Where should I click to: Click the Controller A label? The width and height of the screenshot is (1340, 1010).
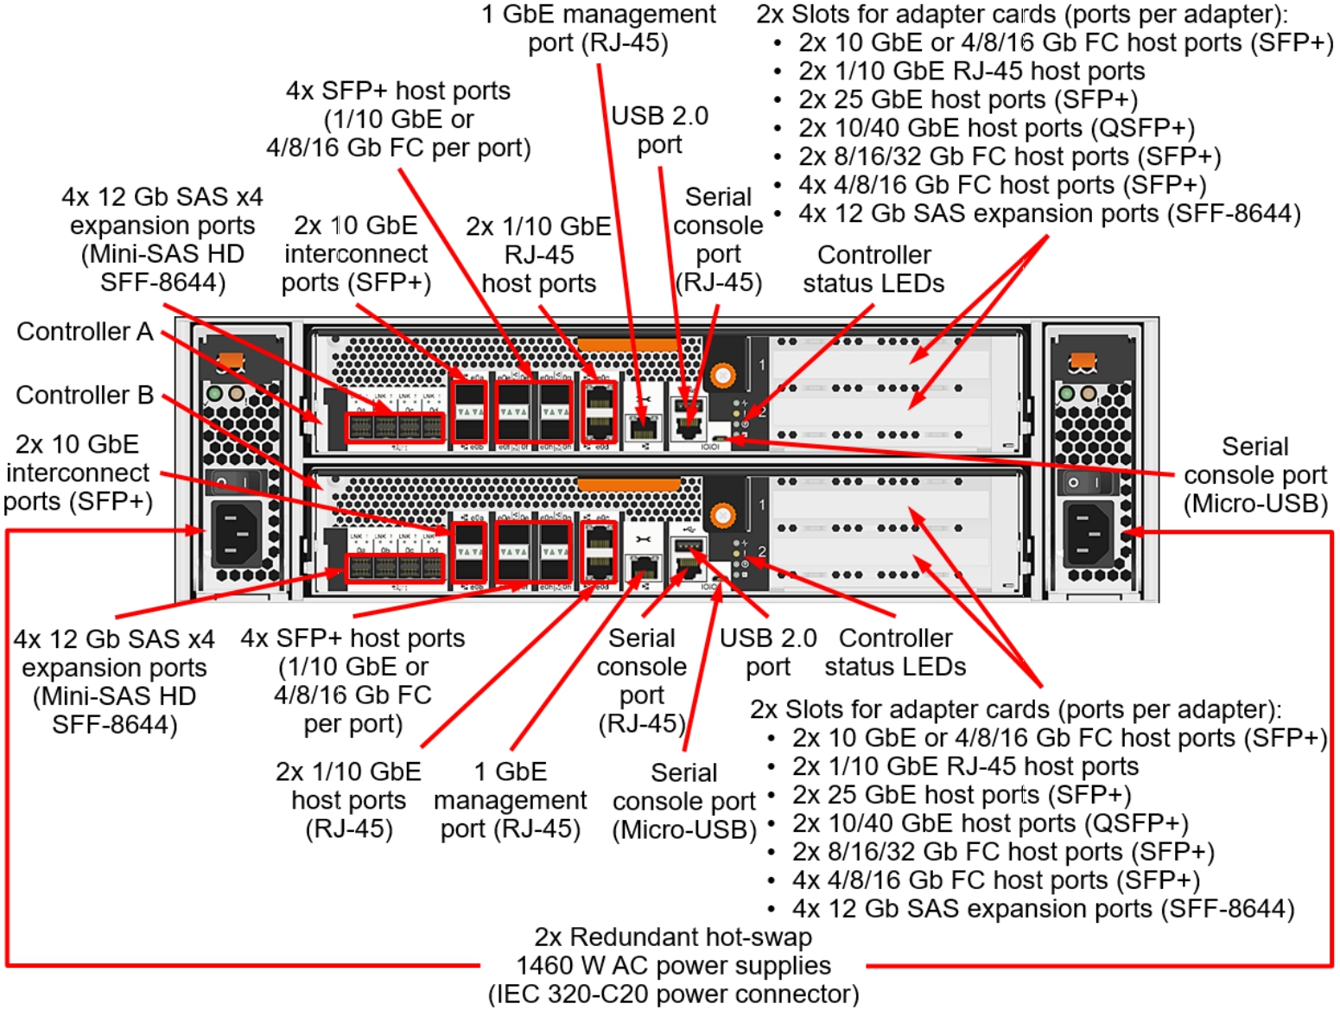pos(85,332)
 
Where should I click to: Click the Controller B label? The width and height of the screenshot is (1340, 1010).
pos(85,395)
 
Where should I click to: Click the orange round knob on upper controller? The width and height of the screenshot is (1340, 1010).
pos(722,375)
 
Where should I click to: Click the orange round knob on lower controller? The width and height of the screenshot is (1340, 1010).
pos(722,516)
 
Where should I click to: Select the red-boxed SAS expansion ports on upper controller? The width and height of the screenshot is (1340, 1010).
pos(395,427)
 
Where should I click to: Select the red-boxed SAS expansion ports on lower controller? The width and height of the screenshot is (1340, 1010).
pos(395,568)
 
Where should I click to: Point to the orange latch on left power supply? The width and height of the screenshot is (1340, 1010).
pos(230,360)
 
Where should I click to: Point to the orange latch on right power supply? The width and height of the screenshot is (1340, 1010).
pos(1083,361)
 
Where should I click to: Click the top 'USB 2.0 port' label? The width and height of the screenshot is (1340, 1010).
pos(659,130)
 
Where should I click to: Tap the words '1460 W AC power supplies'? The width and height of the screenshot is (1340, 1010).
pos(673,965)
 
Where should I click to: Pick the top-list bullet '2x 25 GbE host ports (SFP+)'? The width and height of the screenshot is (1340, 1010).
pos(968,99)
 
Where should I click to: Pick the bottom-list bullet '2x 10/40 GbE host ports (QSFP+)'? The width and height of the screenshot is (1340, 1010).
pos(990,823)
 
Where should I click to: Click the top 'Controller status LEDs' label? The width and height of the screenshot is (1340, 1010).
pos(873,269)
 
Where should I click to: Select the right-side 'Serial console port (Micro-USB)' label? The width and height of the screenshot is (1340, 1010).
pos(1254,474)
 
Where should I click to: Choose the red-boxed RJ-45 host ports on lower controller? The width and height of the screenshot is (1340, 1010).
pos(599,551)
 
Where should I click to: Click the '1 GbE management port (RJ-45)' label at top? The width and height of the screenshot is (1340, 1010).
pos(598,29)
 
